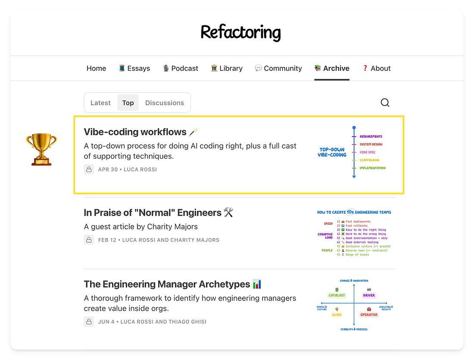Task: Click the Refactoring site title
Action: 240,32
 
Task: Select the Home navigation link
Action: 96,68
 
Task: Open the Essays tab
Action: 134,68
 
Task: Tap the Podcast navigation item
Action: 181,68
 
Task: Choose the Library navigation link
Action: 227,68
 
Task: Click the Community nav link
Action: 278,68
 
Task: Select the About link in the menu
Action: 377,68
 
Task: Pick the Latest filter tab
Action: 100,103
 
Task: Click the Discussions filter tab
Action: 165,103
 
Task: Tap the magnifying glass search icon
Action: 385,103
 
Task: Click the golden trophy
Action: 41,149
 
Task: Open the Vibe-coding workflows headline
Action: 135,132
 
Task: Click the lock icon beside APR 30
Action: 89,169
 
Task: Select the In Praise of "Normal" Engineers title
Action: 153,213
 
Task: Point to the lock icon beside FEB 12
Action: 89,240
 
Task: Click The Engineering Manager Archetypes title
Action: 167,284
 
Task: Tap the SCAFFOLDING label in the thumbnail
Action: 369,160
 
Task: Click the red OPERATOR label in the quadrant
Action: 369,315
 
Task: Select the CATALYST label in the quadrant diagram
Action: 337,295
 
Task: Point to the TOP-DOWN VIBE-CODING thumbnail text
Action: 332,152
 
